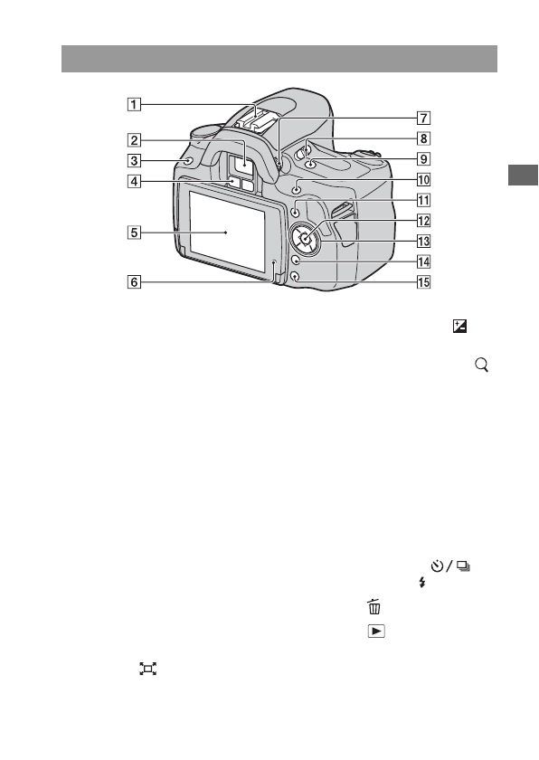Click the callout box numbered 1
pyautogui.click(x=134, y=104)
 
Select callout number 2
pyautogui.click(x=134, y=140)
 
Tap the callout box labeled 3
pyautogui.click(x=134, y=161)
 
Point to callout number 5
pyautogui.click(x=134, y=232)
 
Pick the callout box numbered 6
pyautogui.click(x=134, y=281)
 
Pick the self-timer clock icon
pyautogui.click(x=438, y=567)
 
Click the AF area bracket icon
pyautogui.click(x=147, y=669)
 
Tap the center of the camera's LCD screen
pyautogui.click(x=226, y=233)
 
